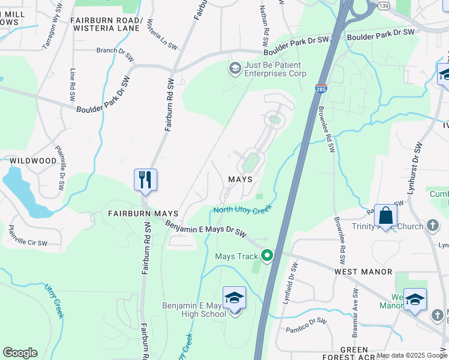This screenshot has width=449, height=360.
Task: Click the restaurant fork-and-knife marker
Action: point(145,179)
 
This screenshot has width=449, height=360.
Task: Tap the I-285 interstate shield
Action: point(320,89)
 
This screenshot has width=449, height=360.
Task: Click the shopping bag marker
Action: point(387,215)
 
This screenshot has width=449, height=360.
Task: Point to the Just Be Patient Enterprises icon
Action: point(234,69)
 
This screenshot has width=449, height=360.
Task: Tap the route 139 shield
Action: point(382,5)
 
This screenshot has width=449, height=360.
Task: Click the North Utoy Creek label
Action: point(243,209)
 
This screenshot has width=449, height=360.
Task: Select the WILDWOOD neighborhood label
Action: point(33,161)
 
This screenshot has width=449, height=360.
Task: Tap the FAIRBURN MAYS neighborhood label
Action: point(143,214)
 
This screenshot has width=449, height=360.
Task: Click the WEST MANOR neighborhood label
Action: point(363,272)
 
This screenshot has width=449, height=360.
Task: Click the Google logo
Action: point(20,353)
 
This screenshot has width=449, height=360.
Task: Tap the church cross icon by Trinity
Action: point(433,226)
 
